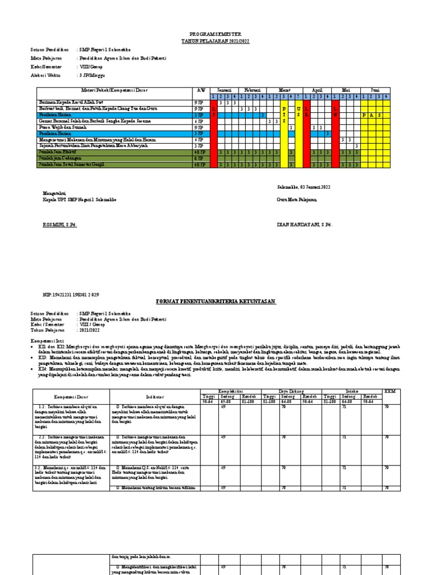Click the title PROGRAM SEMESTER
(x=216, y=34)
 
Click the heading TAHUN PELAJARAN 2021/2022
(x=216, y=41)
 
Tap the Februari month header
(x=251, y=90)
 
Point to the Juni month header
(x=375, y=90)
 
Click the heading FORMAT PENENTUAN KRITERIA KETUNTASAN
(x=216, y=302)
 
